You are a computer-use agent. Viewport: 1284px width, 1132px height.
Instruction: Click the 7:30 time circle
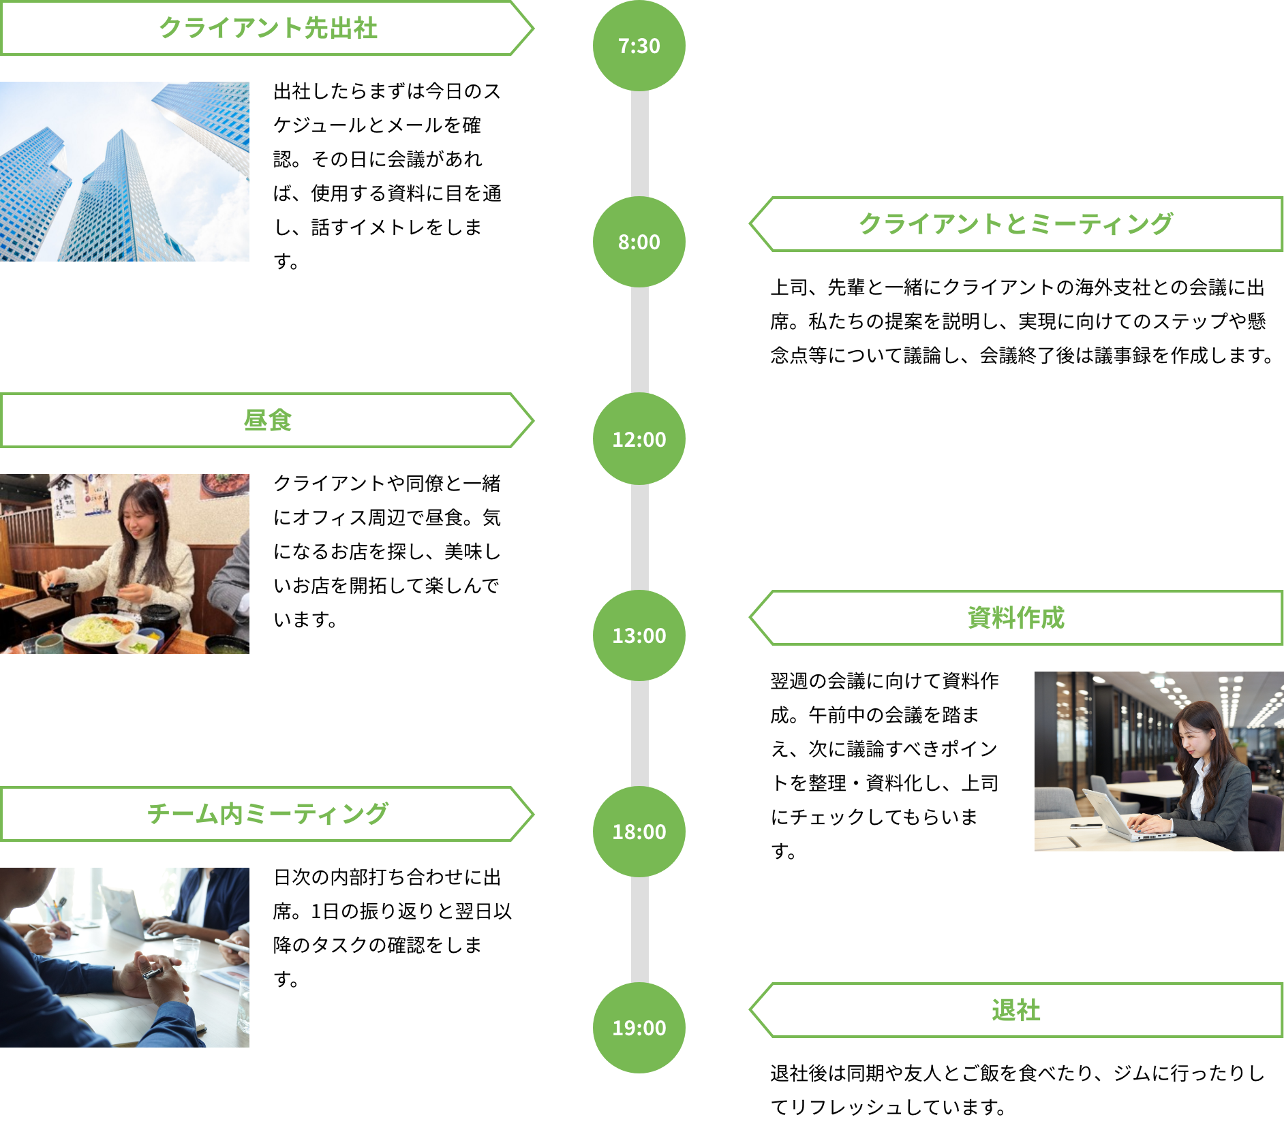coord(639,46)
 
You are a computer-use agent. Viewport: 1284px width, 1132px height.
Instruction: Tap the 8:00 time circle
coord(639,242)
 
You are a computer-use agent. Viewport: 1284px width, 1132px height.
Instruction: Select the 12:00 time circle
coord(639,439)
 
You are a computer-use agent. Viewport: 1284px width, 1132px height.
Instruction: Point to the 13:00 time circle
coord(639,635)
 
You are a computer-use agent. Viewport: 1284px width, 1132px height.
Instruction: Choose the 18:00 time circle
coord(639,832)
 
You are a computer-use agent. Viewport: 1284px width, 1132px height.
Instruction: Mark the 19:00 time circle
coord(639,1028)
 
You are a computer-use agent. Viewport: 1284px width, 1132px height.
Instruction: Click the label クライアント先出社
coord(268,28)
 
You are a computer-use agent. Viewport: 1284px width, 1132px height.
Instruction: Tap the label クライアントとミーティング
coord(1015,224)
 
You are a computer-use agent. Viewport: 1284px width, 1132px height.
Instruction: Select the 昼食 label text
coord(268,420)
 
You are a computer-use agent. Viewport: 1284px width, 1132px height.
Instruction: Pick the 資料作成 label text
coord(1015,618)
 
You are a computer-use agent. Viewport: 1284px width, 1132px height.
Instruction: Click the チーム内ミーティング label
coord(268,814)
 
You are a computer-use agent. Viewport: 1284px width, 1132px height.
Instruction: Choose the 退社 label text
coord(1015,1010)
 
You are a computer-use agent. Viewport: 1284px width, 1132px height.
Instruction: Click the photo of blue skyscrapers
coord(125,172)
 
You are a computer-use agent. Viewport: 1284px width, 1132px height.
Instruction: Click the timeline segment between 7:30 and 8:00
coord(639,144)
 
